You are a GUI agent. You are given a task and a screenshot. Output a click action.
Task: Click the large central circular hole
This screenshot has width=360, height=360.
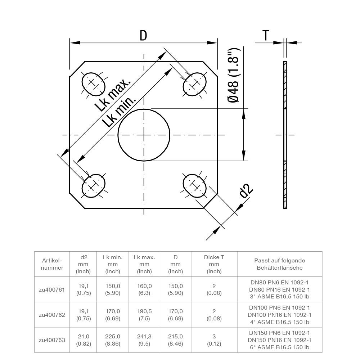pos(144,135)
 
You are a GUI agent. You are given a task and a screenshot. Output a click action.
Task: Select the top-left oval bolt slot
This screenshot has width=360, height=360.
pos(93,83)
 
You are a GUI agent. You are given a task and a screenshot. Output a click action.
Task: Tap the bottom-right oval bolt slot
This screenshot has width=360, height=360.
pos(194,186)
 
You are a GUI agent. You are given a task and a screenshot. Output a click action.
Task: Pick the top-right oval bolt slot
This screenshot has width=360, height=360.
pos(195,84)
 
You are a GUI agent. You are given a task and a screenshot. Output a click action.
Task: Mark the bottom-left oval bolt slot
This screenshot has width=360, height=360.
pos(94,186)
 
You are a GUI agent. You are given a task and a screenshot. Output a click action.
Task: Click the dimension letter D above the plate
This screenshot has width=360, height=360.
pos(143,35)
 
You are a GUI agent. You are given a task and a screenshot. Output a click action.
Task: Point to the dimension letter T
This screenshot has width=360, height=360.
pos(266,35)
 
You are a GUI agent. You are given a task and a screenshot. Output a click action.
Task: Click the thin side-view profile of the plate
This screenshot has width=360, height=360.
pos(285,135)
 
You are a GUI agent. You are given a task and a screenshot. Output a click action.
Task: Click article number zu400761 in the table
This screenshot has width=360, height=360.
pos(51,289)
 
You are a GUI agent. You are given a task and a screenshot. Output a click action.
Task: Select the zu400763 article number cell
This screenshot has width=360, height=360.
pos(51,339)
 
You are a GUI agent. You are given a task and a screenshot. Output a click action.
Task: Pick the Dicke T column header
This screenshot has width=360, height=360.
pos(214,264)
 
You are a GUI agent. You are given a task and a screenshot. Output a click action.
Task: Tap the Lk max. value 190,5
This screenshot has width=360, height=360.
pos(144,311)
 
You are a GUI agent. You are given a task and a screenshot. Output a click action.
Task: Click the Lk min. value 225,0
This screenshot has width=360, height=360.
pos(113,336)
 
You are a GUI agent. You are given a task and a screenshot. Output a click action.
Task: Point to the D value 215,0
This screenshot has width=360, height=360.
pos(176,336)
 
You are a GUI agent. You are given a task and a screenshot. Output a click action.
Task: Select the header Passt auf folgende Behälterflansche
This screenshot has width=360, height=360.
pos(279,264)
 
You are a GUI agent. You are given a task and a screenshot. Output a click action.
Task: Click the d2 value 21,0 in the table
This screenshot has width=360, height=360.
pos(84,336)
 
